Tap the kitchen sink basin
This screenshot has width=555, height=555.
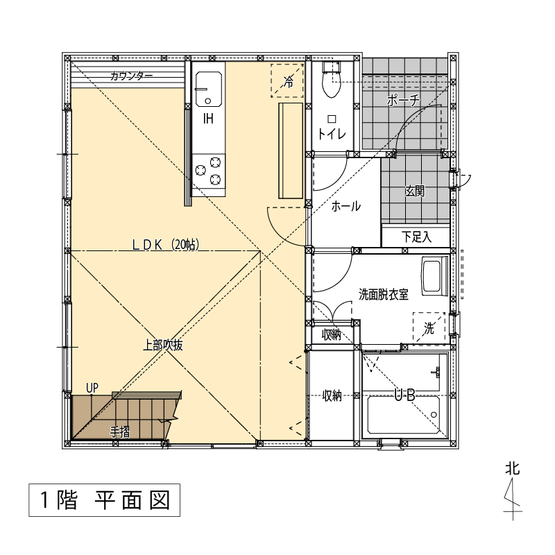pos(209,89)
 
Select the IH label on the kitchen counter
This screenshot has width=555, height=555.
pos(209,119)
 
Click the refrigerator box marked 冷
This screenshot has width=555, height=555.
pos(287,80)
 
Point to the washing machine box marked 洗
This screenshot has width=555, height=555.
pos(429,328)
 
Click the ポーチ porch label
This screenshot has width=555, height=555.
pos(404,100)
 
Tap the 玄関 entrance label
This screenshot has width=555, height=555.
pos(415,191)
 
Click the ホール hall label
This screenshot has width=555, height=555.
pos(345,206)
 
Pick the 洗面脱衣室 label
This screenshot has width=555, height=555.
pos(384,294)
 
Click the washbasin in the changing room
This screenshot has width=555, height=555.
pos(435,276)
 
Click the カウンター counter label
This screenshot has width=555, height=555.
pos(131,76)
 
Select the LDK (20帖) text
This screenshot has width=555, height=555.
pos(166,245)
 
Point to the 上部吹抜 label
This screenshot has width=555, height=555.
pos(163,345)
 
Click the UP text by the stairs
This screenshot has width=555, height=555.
pos(92,388)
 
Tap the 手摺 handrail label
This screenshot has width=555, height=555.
pos(119,432)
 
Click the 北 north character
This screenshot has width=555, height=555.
pos(512,469)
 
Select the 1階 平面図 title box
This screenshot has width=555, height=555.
pos(105,499)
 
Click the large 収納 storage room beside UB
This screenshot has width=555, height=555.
pos(332,395)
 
